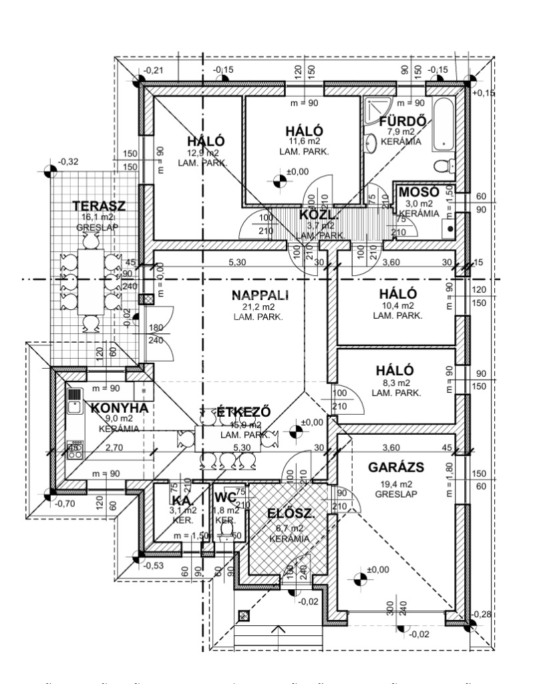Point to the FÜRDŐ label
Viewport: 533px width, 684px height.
coord(403,121)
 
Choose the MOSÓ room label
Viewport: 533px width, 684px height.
coord(418,192)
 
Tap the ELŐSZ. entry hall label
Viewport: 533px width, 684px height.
coord(291,514)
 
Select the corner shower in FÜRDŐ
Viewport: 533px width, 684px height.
coord(375,108)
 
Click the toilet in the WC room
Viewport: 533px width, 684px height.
coord(226,530)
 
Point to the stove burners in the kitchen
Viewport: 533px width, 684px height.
coord(75,448)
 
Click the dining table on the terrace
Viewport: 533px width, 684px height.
coord(88,282)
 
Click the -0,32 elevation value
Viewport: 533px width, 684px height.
coord(68,161)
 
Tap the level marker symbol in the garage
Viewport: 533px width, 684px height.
coord(359,578)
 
